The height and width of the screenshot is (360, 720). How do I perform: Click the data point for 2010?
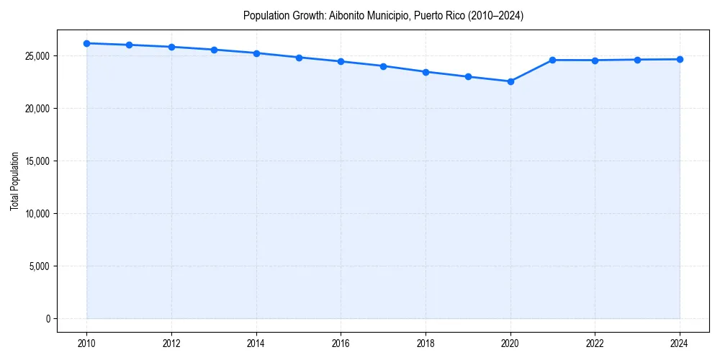tap(86, 43)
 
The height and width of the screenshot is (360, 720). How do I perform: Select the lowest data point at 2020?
tap(510, 81)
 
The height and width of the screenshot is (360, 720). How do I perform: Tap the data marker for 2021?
tap(552, 60)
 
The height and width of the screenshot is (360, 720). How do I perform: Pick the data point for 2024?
tap(680, 59)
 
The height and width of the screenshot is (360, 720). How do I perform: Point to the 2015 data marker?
tap(299, 58)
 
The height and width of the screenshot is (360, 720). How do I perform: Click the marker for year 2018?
tap(426, 72)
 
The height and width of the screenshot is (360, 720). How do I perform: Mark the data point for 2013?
tap(214, 50)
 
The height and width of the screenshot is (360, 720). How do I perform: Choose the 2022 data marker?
tap(595, 60)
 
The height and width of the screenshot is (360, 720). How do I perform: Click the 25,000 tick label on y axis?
tap(35, 56)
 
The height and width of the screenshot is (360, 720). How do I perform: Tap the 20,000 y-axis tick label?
tap(35, 109)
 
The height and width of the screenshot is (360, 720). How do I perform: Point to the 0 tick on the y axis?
tap(48, 319)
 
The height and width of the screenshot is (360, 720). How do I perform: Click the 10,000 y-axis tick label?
tap(35, 214)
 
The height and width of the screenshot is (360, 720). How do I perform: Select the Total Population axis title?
tap(14, 181)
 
